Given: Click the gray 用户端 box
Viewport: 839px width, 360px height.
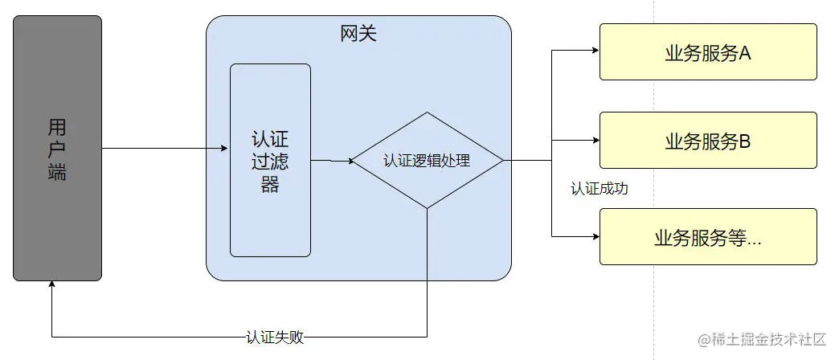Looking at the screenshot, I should pyautogui.click(x=57, y=149).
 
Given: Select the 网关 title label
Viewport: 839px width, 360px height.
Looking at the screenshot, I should pyautogui.click(x=358, y=34).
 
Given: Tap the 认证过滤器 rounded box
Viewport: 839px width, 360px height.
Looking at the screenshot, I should pyautogui.click(x=270, y=160).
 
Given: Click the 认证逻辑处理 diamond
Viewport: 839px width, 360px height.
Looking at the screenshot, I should pyautogui.click(x=427, y=160).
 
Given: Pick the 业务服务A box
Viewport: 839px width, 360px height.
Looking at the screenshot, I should pyautogui.click(x=707, y=52).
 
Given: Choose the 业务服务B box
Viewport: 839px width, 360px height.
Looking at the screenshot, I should pyautogui.click(x=707, y=141).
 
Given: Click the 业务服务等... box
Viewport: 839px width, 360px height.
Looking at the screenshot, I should pyautogui.click(x=707, y=237).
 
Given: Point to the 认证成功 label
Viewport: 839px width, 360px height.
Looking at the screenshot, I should pyautogui.click(x=599, y=189).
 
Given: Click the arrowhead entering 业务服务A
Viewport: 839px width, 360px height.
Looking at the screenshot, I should pyautogui.click(x=595, y=50).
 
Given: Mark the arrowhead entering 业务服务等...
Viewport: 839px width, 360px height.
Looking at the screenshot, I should pyautogui.click(x=595, y=237).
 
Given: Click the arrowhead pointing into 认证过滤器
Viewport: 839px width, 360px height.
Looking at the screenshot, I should pyautogui.click(x=225, y=148).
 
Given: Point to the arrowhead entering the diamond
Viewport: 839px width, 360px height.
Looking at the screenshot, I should pyautogui.click(x=350, y=161).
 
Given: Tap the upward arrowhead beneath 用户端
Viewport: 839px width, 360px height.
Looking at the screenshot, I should pyautogui.click(x=52, y=285).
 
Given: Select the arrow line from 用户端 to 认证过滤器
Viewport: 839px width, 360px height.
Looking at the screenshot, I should pyautogui.click(x=161, y=148).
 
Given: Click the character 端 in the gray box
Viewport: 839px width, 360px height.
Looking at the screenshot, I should pyautogui.click(x=57, y=171).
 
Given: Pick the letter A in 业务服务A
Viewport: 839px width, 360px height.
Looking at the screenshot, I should pyautogui.click(x=744, y=53).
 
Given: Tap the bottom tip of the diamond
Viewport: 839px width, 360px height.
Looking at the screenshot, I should pyautogui.click(x=427, y=208).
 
